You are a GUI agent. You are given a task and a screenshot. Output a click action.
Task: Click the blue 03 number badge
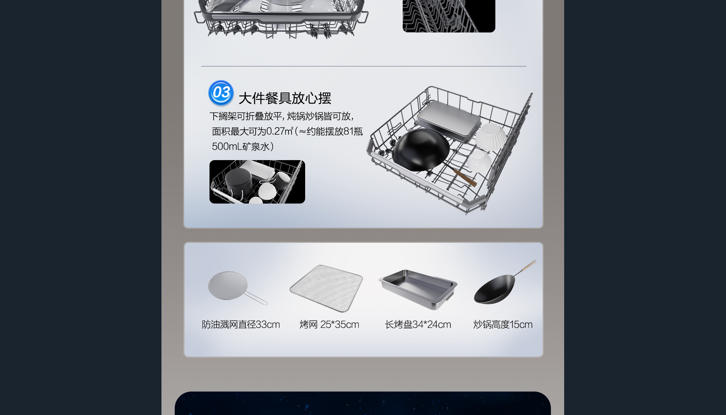coord(221,93)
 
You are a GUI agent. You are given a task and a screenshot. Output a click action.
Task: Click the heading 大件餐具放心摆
coord(285,98)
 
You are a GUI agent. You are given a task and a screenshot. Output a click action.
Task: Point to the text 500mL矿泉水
coord(240,147)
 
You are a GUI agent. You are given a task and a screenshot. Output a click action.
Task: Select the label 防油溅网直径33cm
coord(241,324)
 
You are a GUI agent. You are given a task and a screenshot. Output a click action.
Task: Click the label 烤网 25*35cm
coord(329,324)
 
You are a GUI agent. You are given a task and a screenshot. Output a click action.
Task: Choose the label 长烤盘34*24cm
coord(418,324)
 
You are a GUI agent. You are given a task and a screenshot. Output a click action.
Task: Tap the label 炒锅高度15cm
coord(503,324)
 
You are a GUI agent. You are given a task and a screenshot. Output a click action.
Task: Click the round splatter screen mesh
coord(228,285)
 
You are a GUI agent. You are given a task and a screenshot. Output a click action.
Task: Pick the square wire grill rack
coord(326,288)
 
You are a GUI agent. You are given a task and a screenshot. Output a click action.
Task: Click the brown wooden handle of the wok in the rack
coord(465,178)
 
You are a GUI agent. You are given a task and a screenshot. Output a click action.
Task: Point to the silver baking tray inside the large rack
coord(448,120)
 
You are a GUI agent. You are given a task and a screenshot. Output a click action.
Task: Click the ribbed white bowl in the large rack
coord(491,137)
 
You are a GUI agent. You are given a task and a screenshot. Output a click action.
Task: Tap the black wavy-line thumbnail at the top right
coord(449,16)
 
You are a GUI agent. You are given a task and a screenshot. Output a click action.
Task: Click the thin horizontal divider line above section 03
coord(363,66)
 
